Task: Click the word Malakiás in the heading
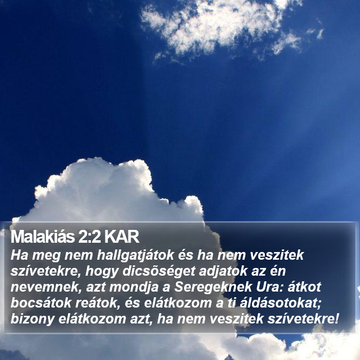tap(43, 237)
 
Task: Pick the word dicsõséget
tap(159, 272)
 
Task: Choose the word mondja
tap(134, 287)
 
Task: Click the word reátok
tap(98, 303)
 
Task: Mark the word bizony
tap(32, 319)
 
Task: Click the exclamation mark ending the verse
tap(337, 319)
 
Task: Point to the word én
tap(277, 271)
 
